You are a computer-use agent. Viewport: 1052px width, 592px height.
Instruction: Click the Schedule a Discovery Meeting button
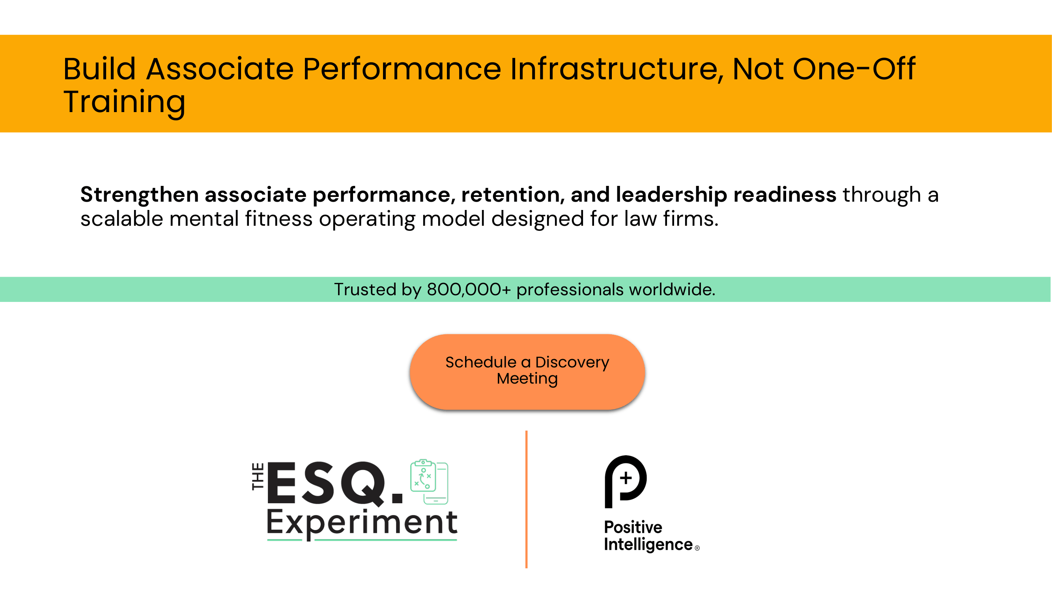[527, 371]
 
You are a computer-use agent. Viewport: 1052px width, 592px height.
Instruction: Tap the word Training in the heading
[124, 102]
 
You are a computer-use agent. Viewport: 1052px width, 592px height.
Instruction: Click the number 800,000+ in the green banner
[469, 289]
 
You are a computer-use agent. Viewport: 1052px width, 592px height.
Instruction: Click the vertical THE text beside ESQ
[258, 476]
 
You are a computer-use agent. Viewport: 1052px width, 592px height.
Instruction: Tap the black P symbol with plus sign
[625, 481]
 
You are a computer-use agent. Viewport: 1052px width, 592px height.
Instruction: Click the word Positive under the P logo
[633, 527]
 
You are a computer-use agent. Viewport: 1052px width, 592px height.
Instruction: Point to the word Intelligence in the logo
[648, 545]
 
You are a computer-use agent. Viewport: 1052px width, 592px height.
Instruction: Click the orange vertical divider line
[527, 499]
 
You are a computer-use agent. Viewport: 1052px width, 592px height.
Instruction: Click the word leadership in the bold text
[671, 195]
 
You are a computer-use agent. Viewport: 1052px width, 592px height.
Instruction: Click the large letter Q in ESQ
[362, 484]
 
